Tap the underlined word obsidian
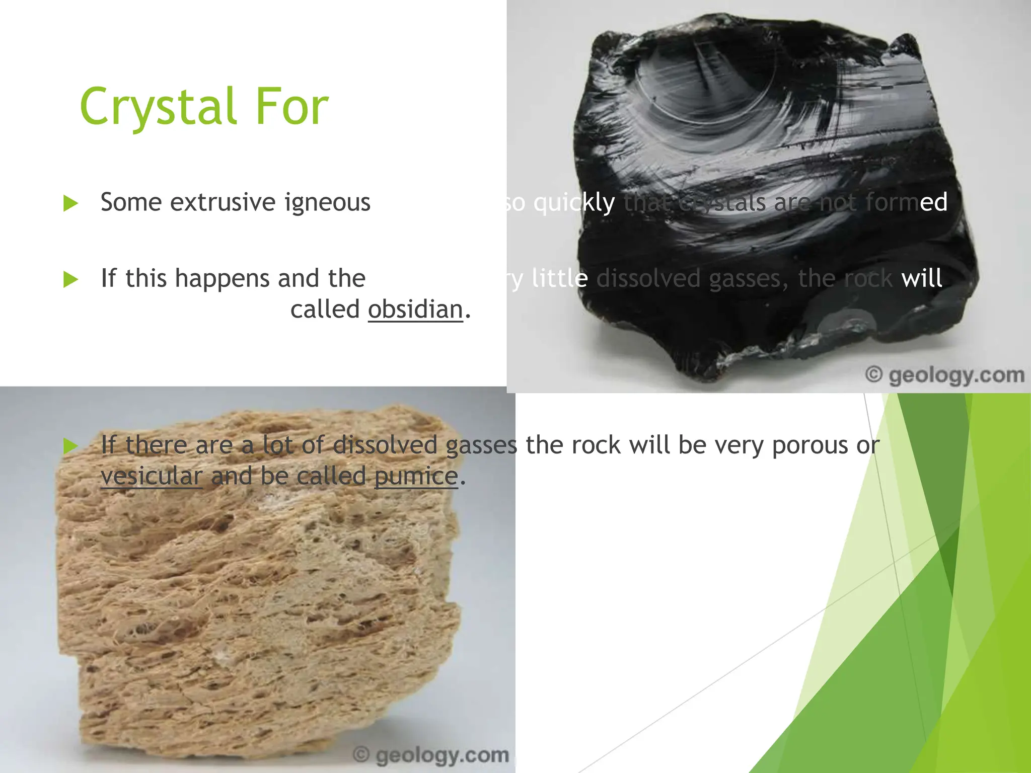tap(415, 309)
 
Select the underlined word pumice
tap(416, 476)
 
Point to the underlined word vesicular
tap(151, 476)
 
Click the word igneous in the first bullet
tap(327, 203)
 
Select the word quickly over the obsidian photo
tap(574, 203)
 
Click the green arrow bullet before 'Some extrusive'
tap(70, 204)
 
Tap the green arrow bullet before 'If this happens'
tap(70, 279)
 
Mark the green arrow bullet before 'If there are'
tap(70, 446)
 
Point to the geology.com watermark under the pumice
tap(431, 755)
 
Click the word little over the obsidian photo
tap(560, 278)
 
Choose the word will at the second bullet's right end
tap(921, 278)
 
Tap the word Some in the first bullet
tap(131, 203)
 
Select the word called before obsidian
tap(325, 309)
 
